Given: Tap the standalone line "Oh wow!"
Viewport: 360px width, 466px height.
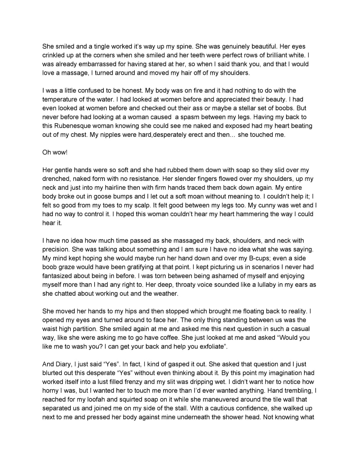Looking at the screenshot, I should click(x=55, y=152).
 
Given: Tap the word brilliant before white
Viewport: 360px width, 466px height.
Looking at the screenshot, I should click(x=273, y=55).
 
